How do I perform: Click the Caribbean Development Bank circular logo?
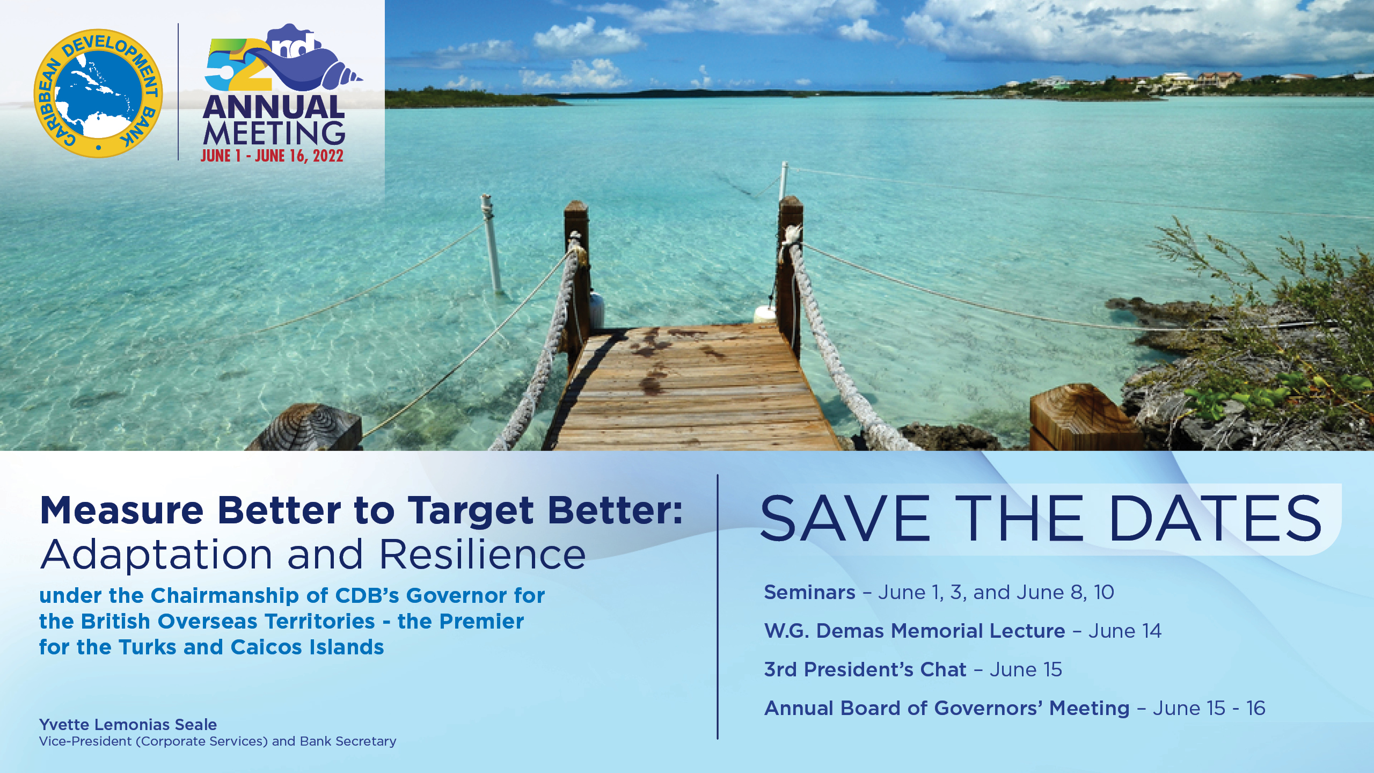(x=98, y=93)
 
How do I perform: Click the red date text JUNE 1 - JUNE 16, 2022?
(x=272, y=156)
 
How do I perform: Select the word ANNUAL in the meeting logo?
(x=274, y=107)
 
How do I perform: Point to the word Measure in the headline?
(x=122, y=510)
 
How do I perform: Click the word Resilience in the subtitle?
(x=483, y=555)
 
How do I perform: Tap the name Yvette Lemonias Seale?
(x=128, y=725)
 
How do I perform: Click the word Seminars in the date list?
(x=809, y=593)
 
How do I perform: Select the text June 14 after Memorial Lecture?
(x=1124, y=631)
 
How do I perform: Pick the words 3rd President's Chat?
(x=865, y=669)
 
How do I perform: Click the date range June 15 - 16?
(x=1209, y=709)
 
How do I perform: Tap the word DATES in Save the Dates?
(x=1215, y=519)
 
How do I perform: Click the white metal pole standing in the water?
(x=491, y=244)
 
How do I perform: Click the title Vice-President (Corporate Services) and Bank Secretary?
(x=217, y=741)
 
